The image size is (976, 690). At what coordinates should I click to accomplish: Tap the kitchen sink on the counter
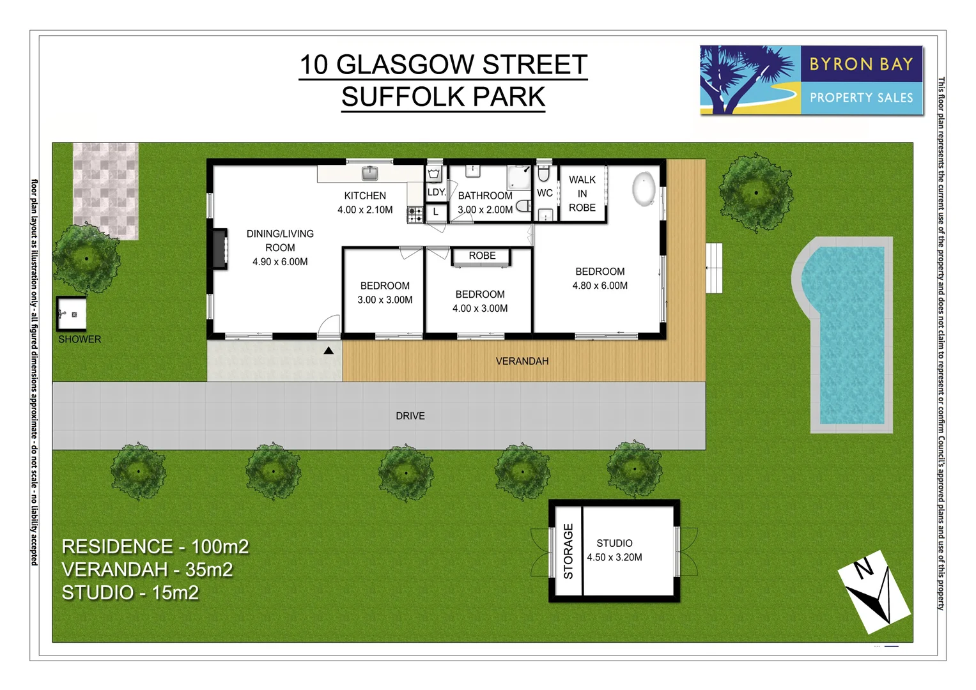369,172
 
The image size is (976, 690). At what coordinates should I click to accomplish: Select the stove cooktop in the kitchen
415,214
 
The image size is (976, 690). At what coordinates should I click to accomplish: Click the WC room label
545,193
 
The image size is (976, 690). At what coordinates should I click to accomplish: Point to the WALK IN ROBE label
582,194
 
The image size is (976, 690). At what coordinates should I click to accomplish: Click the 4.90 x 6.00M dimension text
280,262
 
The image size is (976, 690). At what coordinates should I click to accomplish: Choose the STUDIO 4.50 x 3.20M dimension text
614,557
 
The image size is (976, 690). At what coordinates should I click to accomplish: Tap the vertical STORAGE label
568,551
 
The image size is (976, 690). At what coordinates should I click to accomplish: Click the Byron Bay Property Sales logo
811,80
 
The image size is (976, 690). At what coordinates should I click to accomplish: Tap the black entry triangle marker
329,350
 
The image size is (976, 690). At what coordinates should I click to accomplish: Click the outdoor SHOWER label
80,339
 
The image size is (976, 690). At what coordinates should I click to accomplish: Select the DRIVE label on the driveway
410,416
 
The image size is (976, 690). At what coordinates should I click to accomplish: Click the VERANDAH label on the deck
522,362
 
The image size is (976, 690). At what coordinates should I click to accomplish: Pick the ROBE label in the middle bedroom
482,256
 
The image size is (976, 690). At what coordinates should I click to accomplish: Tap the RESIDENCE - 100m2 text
155,547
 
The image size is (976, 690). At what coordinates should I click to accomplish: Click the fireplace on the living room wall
220,249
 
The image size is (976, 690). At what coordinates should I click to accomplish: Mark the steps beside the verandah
714,268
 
